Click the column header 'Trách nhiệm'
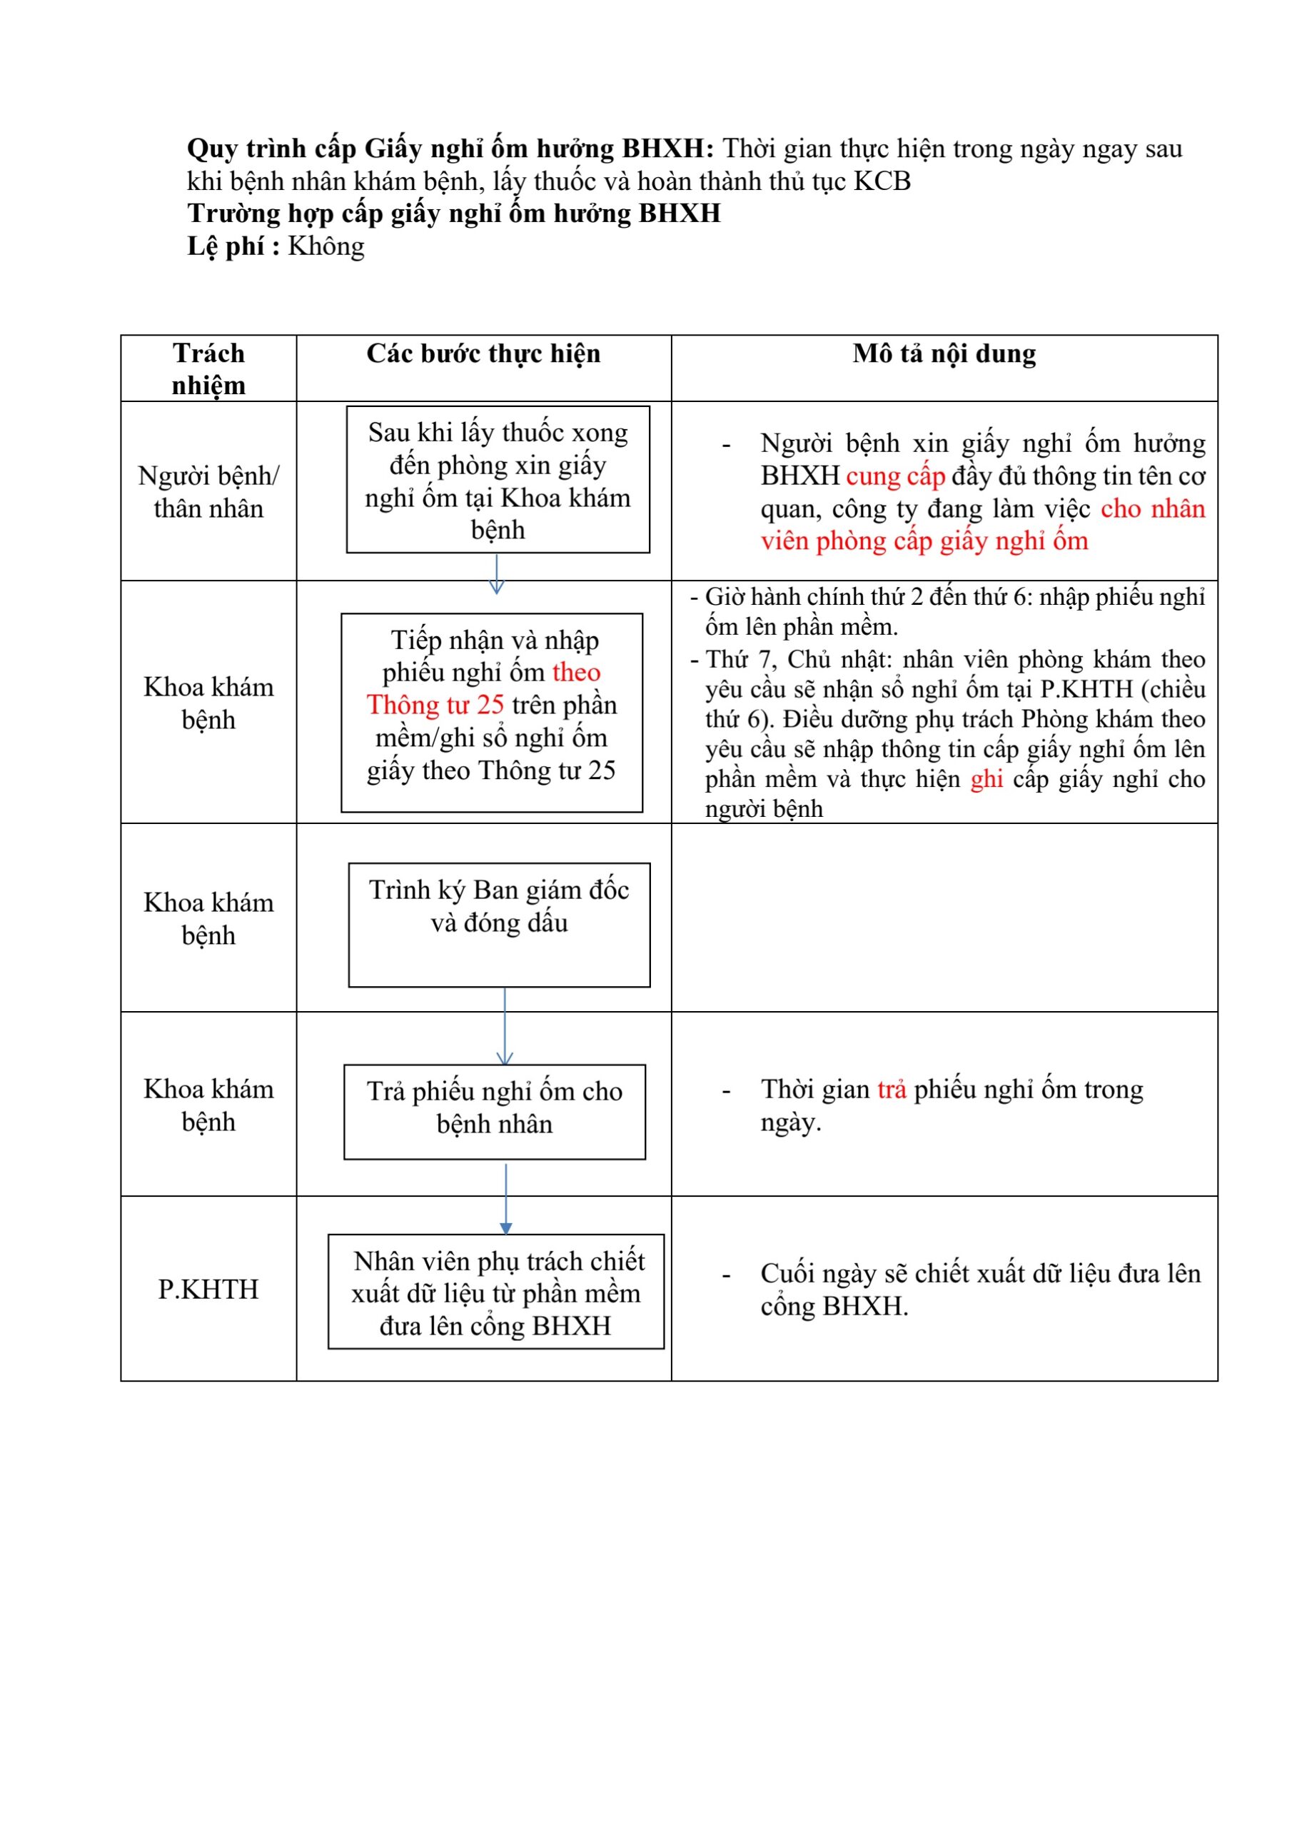tap(208, 368)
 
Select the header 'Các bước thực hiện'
tap(483, 354)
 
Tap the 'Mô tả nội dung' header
tap(944, 354)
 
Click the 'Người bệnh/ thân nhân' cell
tap(208, 492)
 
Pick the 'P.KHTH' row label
tap(208, 1289)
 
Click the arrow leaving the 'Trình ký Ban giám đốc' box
tap(505, 1026)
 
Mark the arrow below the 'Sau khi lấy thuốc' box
tap(497, 574)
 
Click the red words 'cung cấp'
tap(896, 476)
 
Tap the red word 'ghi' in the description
tap(986, 778)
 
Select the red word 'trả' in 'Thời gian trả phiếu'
tap(892, 1089)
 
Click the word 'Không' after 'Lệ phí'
tap(326, 246)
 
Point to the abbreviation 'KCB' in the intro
tap(882, 181)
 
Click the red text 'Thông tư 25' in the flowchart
tap(435, 705)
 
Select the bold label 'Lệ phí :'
tap(233, 246)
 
